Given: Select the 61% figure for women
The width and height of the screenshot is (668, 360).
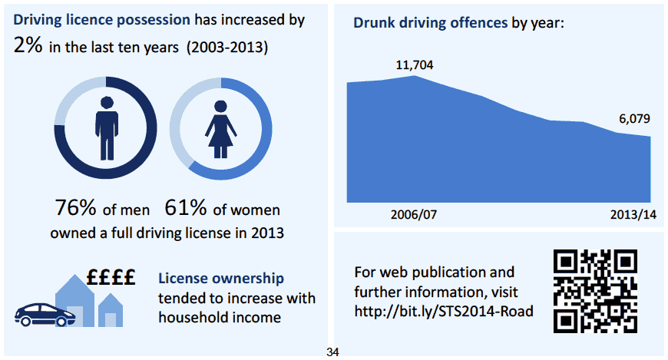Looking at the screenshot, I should coord(186,208).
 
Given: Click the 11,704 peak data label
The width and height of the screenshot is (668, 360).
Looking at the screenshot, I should coord(414,65).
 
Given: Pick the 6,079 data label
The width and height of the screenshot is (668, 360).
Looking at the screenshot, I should coord(634,119).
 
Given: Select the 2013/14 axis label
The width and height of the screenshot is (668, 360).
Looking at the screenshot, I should coord(633,213).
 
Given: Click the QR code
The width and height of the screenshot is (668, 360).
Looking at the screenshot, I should coord(595,291).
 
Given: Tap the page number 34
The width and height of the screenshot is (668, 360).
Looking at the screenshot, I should coord(332,352).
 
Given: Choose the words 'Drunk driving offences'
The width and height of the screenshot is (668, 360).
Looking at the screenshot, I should coord(431,22).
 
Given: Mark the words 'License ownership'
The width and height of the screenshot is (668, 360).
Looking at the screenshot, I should coord(220,279).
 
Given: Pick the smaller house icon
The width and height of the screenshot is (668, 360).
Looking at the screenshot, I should coord(111,312).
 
